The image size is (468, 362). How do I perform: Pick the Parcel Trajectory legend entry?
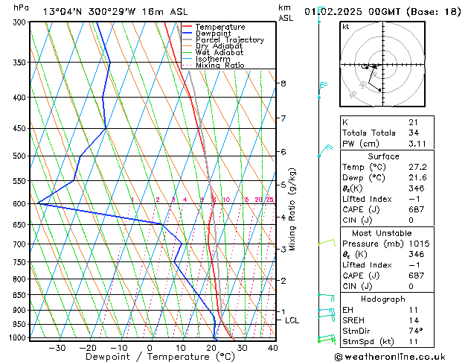(229, 40)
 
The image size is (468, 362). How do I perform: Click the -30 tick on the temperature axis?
(57, 347)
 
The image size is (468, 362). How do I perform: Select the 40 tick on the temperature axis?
(272, 347)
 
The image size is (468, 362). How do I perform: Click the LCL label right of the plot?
(292, 320)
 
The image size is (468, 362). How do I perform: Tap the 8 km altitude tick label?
(283, 83)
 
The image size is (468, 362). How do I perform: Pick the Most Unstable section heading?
(382, 232)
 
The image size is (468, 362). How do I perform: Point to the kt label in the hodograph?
(345, 27)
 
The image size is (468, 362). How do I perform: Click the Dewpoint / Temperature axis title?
(150, 357)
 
